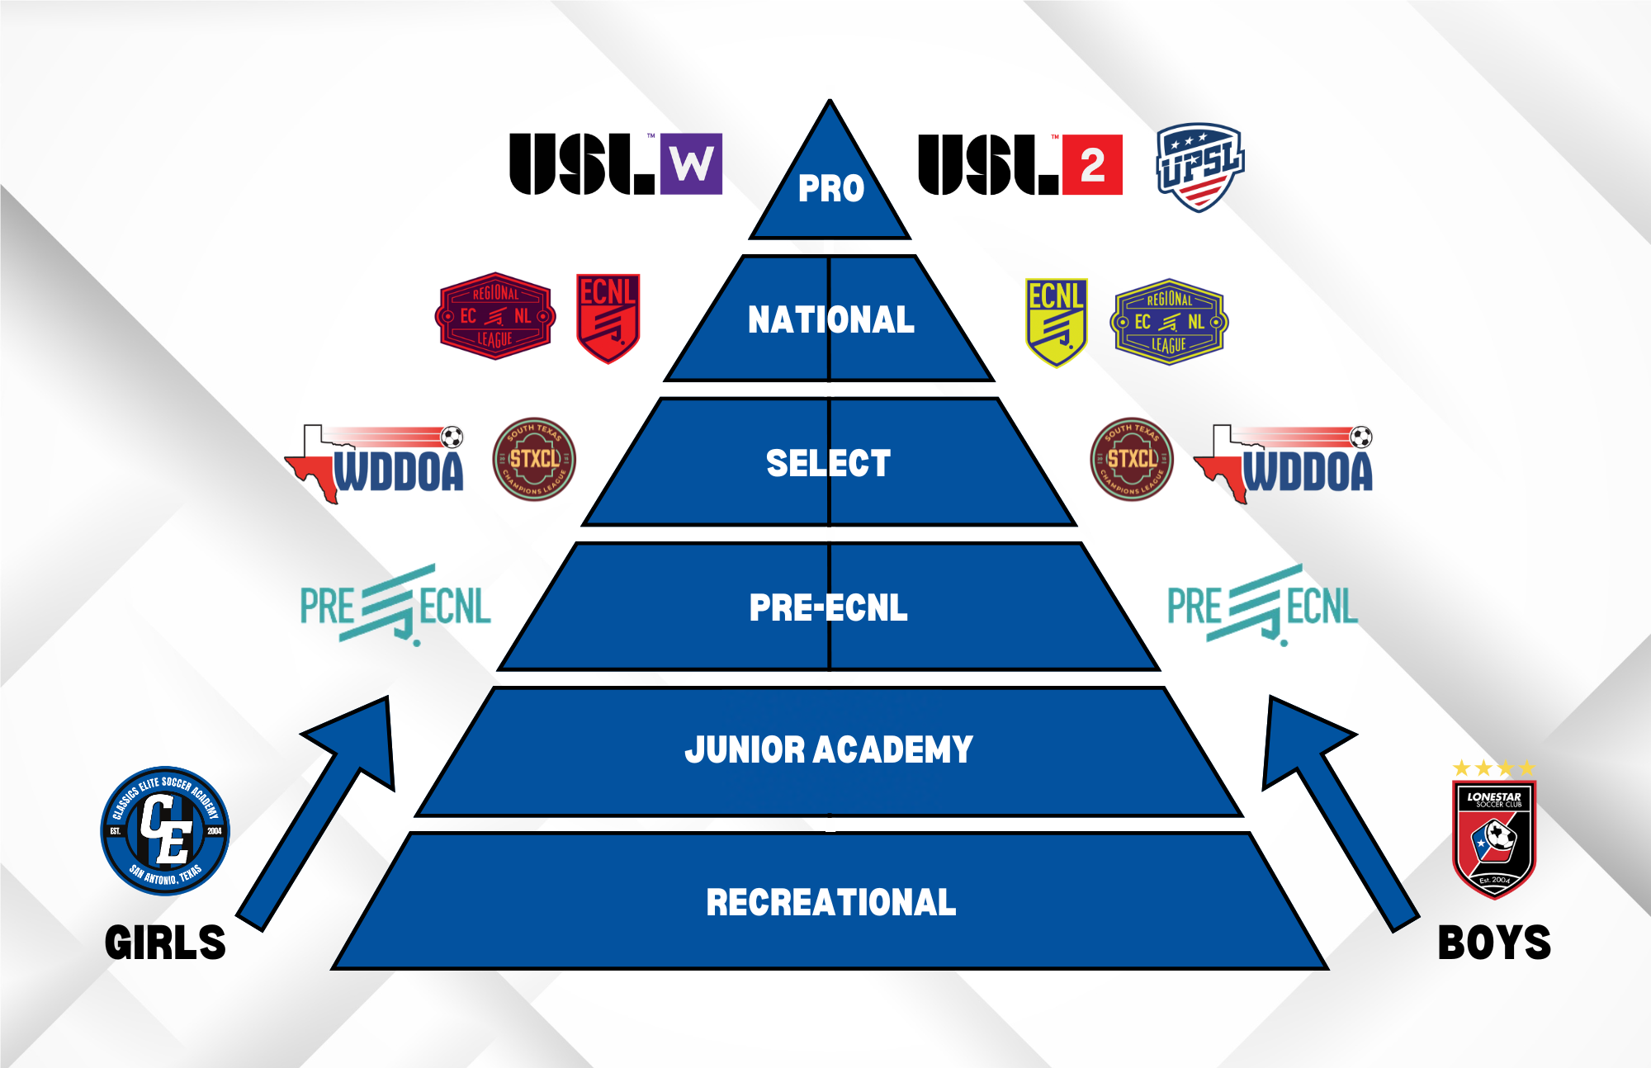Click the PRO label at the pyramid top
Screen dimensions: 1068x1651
(x=830, y=189)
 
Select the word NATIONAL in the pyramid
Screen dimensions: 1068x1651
(x=830, y=320)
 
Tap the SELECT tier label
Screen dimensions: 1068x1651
(x=828, y=463)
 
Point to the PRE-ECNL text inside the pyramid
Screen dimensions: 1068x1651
(x=828, y=607)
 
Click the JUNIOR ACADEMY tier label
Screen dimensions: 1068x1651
(x=829, y=749)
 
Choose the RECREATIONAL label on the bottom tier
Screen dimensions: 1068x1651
(x=830, y=902)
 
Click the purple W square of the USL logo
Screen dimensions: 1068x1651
(x=691, y=164)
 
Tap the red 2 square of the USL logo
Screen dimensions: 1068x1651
(x=1092, y=165)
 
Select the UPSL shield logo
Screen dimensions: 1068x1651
(x=1199, y=168)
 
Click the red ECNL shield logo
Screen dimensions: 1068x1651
(x=608, y=318)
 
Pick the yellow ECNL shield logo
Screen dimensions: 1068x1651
(x=1056, y=322)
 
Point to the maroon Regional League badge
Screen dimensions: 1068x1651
(x=495, y=316)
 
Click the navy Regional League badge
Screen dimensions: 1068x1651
(x=1169, y=322)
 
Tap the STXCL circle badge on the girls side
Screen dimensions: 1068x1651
(x=534, y=460)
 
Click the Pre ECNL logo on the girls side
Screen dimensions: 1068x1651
(x=395, y=606)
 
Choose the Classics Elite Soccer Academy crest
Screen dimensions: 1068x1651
(x=165, y=830)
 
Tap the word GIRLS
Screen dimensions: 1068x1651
(x=165, y=943)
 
